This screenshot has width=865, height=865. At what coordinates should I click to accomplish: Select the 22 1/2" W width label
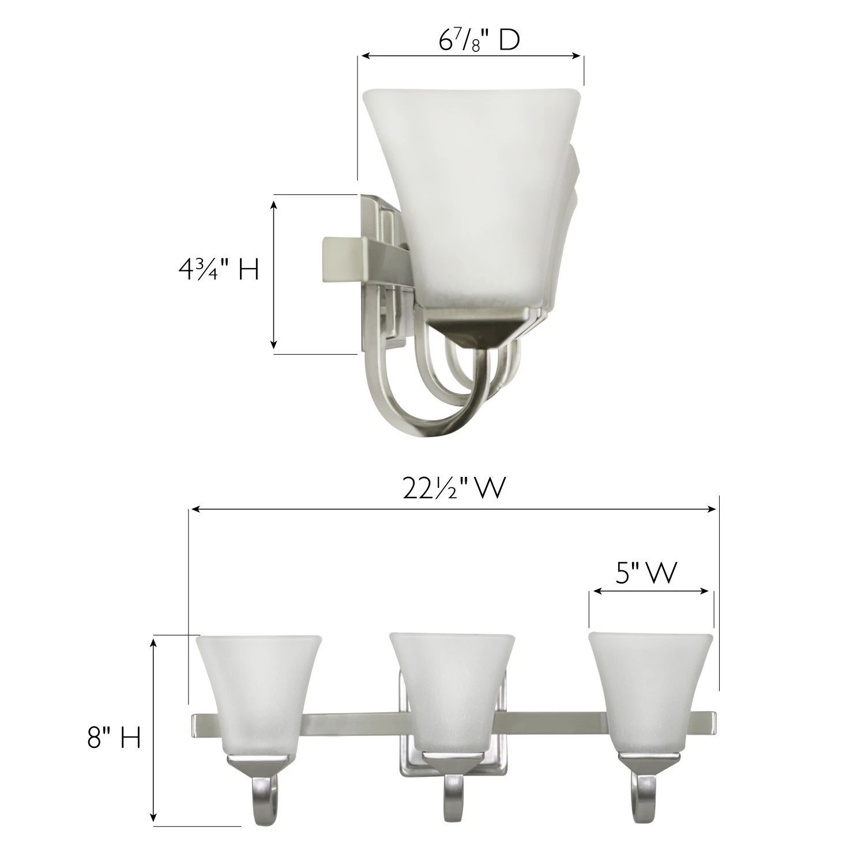pos(454,490)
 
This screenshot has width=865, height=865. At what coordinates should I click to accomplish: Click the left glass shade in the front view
pos(258,696)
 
